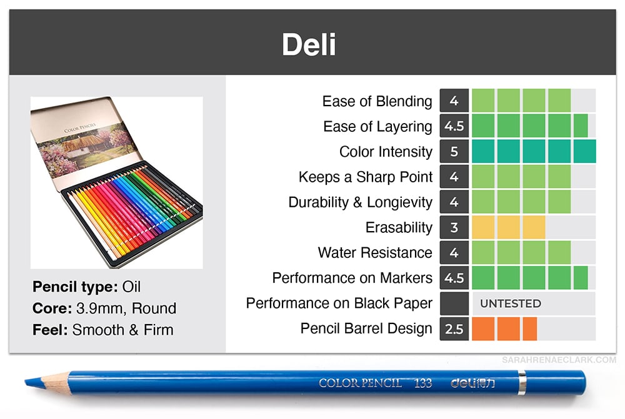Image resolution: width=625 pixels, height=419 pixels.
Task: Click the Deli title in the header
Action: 309,44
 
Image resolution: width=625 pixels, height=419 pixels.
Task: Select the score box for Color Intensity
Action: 454,151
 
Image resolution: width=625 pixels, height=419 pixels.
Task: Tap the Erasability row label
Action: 399,227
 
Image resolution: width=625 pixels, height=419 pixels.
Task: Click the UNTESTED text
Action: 511,303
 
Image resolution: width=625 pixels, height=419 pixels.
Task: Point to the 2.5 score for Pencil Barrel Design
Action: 454,328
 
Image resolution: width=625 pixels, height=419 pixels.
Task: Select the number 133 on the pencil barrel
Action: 422,383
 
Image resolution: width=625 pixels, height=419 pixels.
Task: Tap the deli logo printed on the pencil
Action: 472,383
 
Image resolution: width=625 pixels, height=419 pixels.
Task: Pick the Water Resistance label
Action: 375,252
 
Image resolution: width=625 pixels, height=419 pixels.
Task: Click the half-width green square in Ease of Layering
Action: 581,126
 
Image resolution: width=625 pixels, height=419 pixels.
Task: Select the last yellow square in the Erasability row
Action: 534,227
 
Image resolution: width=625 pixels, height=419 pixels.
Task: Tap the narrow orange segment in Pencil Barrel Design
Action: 530,328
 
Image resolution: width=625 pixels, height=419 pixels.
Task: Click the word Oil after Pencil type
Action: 131,287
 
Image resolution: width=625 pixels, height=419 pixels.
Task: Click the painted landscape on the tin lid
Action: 86,149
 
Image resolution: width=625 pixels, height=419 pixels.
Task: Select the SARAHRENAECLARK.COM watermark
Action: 559,360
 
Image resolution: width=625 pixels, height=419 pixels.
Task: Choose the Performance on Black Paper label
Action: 339,303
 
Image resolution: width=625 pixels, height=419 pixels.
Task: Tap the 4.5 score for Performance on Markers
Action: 454,278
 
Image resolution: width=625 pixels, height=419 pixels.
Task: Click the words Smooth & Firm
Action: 122,330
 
